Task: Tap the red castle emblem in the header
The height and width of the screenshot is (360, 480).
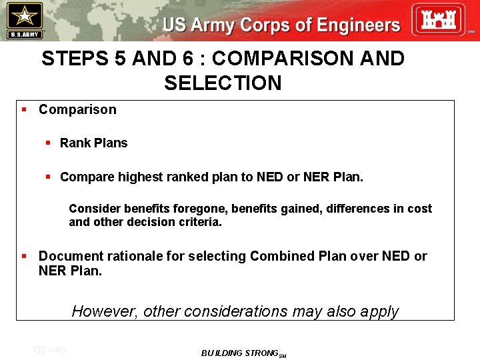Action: pyautogui.click(x=437, y=19)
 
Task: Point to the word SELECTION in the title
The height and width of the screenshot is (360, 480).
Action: pyautogui.click(x=223, y=83)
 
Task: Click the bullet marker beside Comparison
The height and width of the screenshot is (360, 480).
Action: pyautogui.click(x=24, y=109)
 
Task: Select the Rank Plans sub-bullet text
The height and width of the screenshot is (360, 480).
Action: pyautogui.click(x=93, y=143)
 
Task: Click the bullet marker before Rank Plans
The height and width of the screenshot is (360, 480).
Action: pyautogui.click(x=48, y=143)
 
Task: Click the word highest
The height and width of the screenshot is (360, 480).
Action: pyautogui.click(x=139, y=177)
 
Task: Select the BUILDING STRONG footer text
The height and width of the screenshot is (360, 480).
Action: pyautogui.click(x=240, y=353)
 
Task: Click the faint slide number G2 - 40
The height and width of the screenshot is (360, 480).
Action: pyautogui.click(x=49, y=349)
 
